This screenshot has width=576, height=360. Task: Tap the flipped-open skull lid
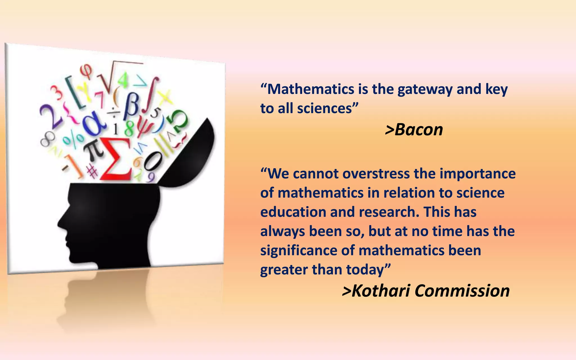[x=191, y=157]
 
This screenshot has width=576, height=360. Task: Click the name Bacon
[x=418, y=130]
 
